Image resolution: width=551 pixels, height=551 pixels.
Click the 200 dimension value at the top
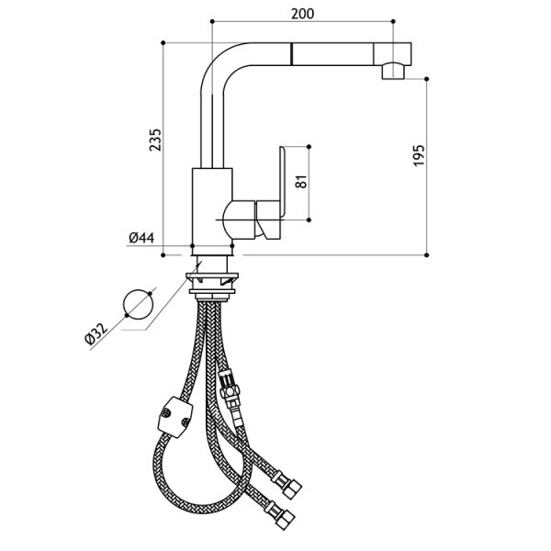302,14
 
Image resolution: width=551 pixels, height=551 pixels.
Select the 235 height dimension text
155,140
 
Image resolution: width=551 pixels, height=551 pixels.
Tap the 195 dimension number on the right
419,155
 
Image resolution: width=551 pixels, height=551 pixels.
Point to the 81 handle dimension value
301,181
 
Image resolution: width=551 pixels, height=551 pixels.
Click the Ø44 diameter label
141,238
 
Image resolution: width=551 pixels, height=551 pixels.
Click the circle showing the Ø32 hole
139,304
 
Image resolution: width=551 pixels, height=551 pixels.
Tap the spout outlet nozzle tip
393,71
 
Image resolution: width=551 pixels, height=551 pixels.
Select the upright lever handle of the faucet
282,181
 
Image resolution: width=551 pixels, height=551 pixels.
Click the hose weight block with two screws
175,417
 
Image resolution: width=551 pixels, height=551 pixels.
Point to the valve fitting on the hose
230,388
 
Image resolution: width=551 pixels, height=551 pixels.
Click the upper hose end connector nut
291,487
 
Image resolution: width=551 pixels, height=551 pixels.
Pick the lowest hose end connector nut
285,518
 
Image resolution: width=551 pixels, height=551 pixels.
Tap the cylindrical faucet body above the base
212,207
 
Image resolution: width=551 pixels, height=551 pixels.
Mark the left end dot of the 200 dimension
212,21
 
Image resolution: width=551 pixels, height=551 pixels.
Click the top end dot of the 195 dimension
427,79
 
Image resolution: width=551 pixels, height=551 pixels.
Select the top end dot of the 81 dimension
309,146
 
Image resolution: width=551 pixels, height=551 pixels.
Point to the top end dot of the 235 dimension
163,43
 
